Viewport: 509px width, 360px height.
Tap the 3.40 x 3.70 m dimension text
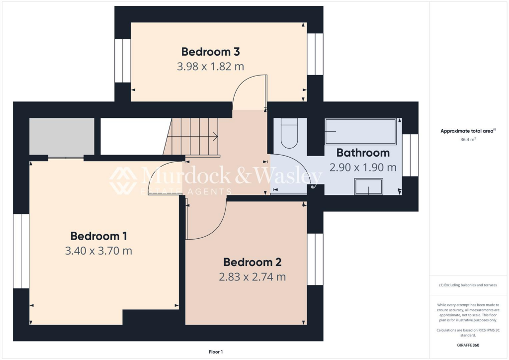[98, 251]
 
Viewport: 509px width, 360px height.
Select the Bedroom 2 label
[253, 262]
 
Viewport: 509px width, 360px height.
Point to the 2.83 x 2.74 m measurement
[253, 277]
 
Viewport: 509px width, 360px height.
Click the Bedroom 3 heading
[211, 51]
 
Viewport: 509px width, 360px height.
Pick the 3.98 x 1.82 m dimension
[211, 66]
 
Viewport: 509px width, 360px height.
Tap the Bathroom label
[363, 153]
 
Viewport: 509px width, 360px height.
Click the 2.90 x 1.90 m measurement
[363, 168]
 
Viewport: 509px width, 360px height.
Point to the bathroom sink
[368, 187]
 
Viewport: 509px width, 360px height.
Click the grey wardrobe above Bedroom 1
[62, 137]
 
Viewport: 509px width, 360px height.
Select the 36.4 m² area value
[468, 140]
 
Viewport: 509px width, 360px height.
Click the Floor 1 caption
[216, 352]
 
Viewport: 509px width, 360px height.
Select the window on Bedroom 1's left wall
[21, 251]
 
